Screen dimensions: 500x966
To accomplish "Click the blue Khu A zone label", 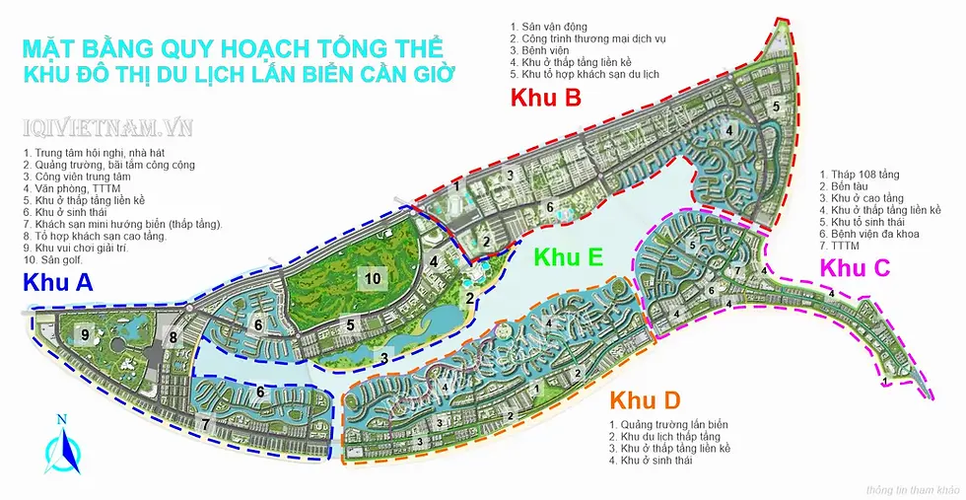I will click(57, 284).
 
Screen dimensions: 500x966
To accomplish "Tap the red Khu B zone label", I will click(545, 98).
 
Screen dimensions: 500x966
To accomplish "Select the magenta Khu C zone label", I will click(856, 267).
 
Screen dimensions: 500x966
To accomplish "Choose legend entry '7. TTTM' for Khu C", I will click(844, 246).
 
